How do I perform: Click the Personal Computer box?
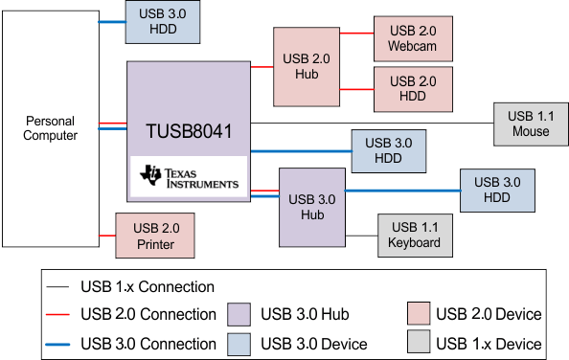50,128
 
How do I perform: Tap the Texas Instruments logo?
189,177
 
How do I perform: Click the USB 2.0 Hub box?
308,66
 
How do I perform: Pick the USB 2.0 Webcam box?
413,39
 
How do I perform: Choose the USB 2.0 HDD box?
413,89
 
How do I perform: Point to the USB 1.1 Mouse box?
530,124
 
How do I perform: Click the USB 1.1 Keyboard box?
414,236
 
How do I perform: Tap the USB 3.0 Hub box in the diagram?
310,208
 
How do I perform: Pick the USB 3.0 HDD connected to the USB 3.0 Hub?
497,191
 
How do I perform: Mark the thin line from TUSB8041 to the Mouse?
374,124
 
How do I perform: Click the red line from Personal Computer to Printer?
106,236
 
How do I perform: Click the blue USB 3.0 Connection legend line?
59,344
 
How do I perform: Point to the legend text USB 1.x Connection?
148,286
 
